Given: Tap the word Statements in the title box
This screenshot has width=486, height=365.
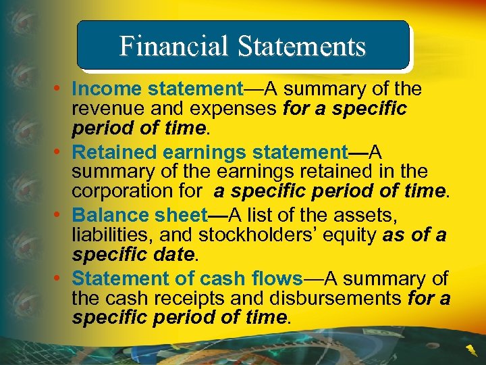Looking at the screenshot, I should coord(301,46).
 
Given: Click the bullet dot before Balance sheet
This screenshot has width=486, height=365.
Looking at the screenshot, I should coord(61,216).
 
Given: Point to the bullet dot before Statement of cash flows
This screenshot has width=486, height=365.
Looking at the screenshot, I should coord(61,278).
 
